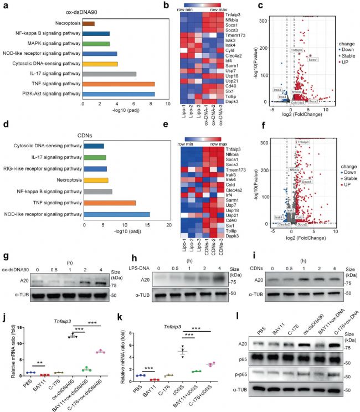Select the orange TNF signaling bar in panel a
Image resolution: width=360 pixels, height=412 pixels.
119,84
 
